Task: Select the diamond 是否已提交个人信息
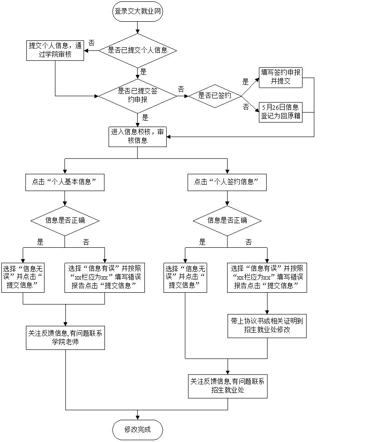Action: [138, 50]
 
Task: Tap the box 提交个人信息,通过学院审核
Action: [55, 50]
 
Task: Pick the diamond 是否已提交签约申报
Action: [138, 95]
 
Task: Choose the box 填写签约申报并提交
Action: [280, 77]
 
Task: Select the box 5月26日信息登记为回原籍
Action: [280, 112]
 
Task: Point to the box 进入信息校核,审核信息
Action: [137, 137]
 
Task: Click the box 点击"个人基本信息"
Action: [65, 182]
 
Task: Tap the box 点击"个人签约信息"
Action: [227, 182]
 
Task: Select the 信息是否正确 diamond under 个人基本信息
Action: [65, 221]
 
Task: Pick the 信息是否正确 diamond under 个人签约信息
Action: [227, 221]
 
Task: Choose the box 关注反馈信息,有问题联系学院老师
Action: [65, 337]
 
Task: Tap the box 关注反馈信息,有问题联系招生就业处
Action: [228, 386]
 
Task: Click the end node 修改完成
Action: [137, 429]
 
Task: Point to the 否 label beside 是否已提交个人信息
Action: [91, 43]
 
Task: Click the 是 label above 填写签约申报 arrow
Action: [246, 82]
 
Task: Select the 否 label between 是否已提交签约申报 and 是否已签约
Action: [181, 89]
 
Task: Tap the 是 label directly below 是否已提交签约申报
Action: [145, 118]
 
